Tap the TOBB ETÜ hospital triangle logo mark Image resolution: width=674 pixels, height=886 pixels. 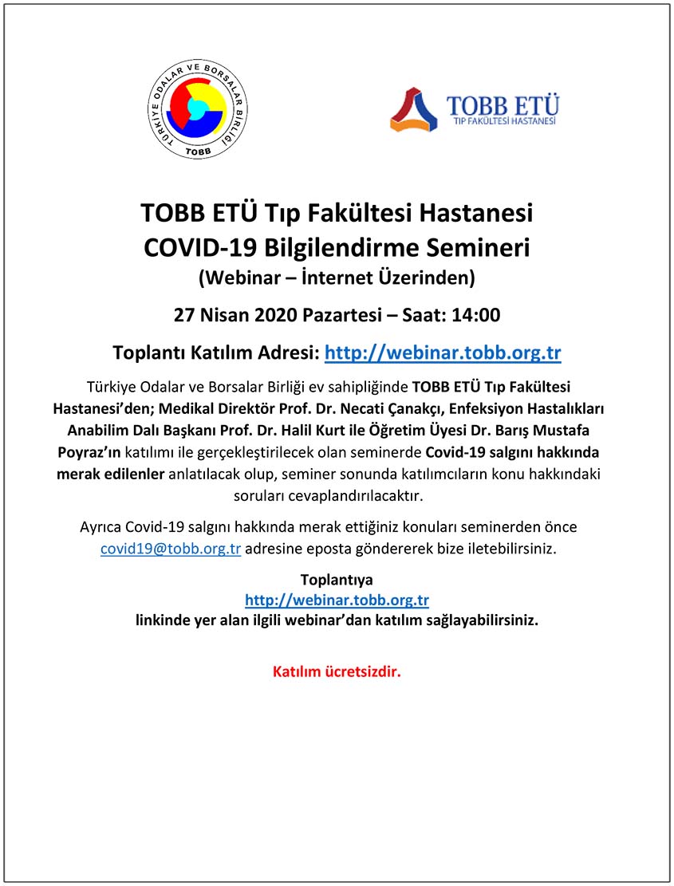[x=413, y=110]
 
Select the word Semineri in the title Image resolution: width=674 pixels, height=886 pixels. [x=480, y=246]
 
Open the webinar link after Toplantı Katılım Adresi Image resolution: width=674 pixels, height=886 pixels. [x=443, y=352]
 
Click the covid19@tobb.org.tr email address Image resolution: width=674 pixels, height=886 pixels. [x=171, y=549]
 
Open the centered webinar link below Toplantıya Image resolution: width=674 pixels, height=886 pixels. [x=337, y=600]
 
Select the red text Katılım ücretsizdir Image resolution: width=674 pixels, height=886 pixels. [x=337, y=671]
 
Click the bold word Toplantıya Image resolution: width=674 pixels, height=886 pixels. [x=337, y=580]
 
